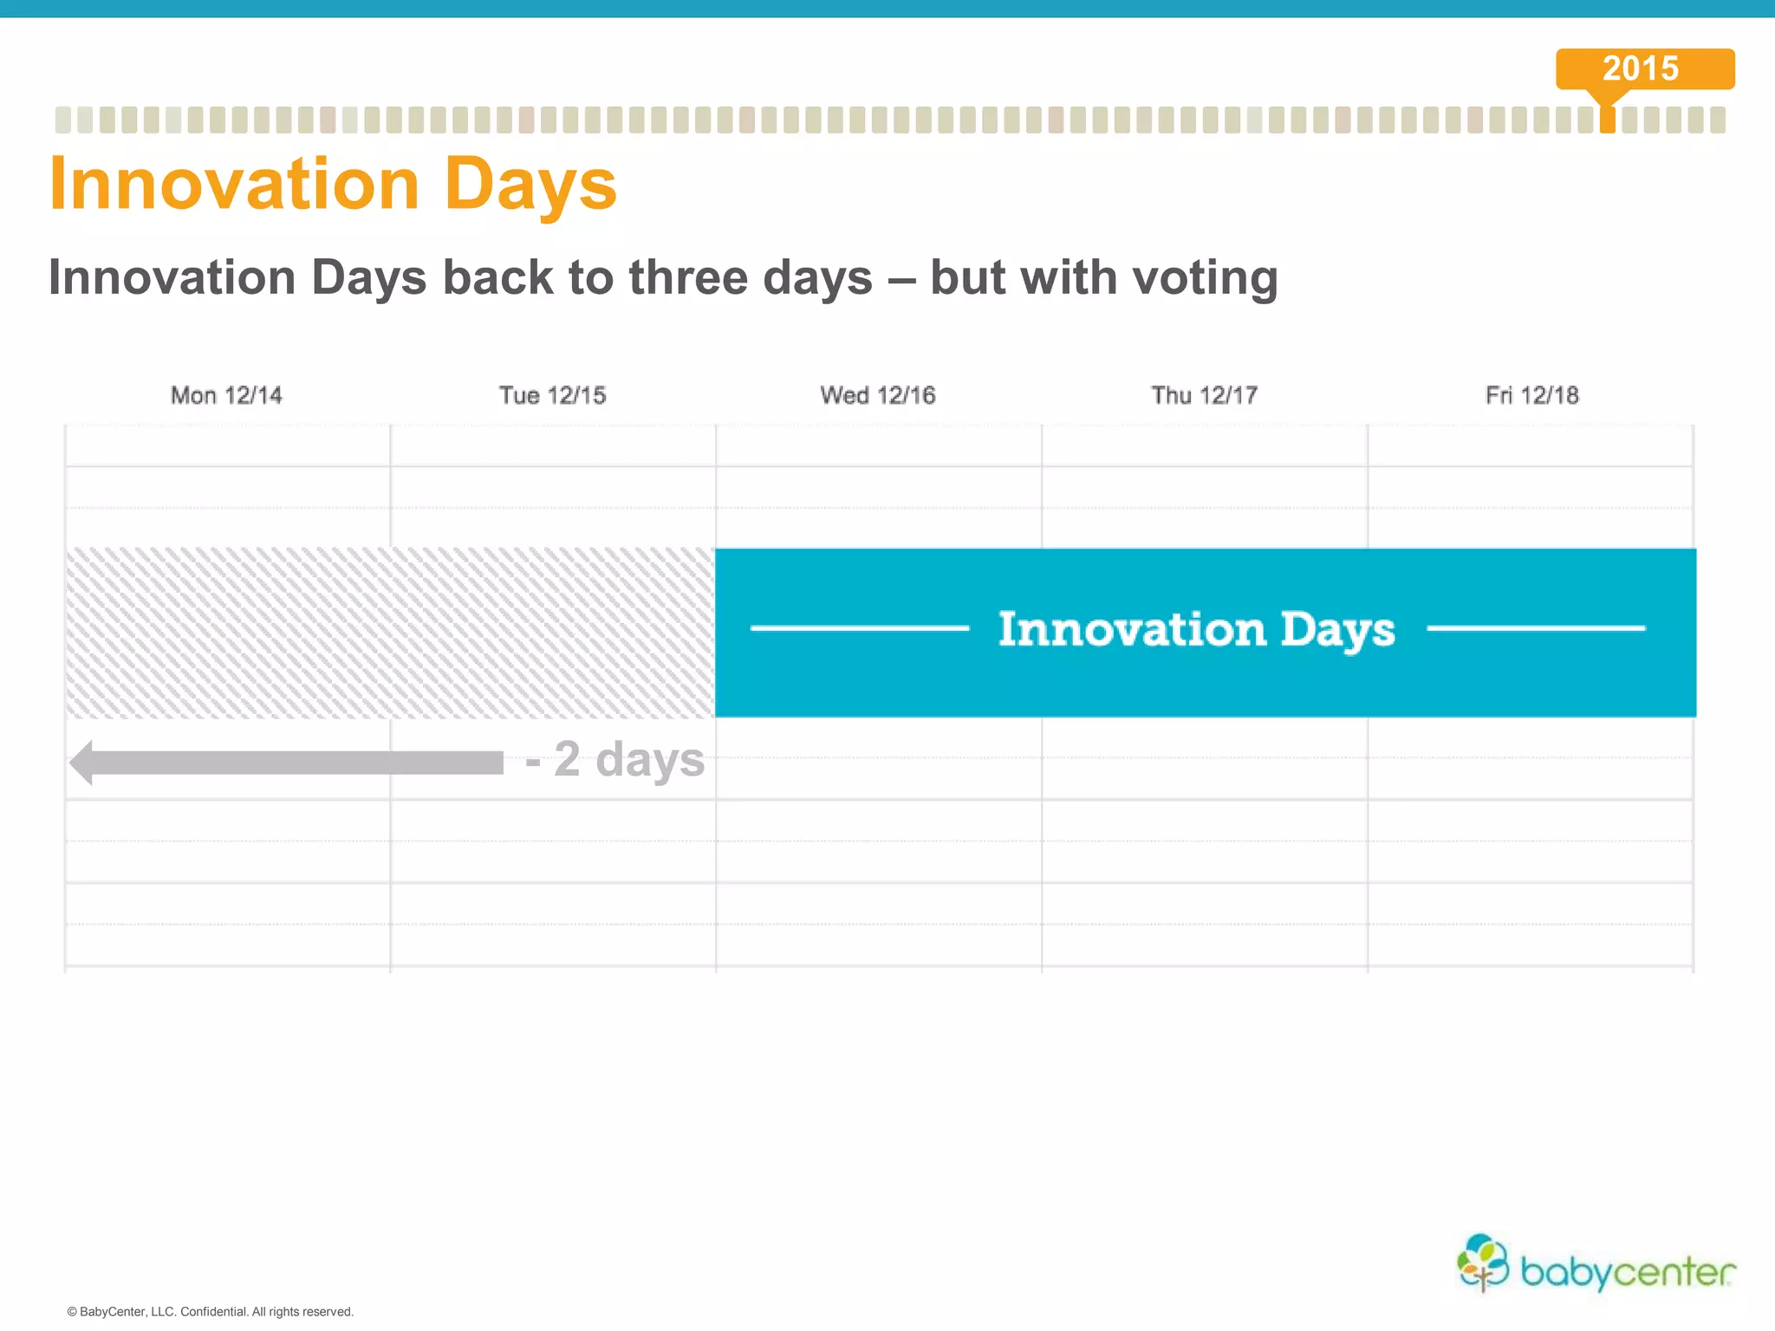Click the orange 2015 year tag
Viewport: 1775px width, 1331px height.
[x=1644, y=68]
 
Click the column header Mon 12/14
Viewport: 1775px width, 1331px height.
[x=226, y=395]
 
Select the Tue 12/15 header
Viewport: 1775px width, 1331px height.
[x=552, y=395]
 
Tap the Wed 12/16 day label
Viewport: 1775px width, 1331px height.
[x=877, y=395]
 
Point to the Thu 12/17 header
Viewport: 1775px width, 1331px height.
[x=1204, y=395]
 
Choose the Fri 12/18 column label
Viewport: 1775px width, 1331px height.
[x=1531, y=395]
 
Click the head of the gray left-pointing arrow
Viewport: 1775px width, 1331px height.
[x=83, y=763]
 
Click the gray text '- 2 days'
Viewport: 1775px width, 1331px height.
[x=615, y=759]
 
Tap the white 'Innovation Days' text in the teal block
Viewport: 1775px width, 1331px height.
[x=1196, y=629]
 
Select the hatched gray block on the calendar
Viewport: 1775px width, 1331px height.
[x=390, y=633]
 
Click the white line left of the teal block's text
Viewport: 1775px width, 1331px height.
[x=859, y=628]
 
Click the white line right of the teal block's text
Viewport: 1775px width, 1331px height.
[x=1535, y=628]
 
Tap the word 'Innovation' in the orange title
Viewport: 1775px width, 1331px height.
[x=235, y=185]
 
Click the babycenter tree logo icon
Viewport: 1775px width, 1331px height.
[x=1483, y=1262]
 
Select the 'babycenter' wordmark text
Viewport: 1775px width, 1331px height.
[x=1628, y=1272]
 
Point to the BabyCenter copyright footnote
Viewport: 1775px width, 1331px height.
[x=211, y=1312]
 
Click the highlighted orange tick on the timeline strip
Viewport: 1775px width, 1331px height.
[x=1607, y=120]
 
